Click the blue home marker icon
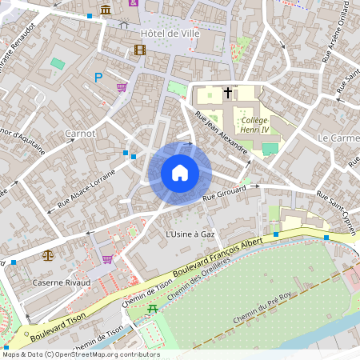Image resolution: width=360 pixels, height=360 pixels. (x=180, y=173)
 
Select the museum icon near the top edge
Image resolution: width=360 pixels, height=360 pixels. (x=106, y=10)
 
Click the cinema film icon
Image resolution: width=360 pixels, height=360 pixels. (x=141, y=50)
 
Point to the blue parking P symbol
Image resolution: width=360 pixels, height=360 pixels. (x=98, y=78)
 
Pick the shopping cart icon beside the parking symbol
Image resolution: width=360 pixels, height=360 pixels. (x=121, y=87)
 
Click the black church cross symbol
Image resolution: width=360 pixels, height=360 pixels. (x=228, y=93)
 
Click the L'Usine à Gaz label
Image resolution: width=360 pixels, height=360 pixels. (x=190, y=234)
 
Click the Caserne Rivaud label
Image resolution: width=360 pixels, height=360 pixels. (x=62, y=282)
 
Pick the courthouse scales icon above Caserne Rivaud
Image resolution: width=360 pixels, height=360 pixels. (x=47, y=256)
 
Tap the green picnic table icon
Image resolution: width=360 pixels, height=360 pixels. (x=153, y=307)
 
